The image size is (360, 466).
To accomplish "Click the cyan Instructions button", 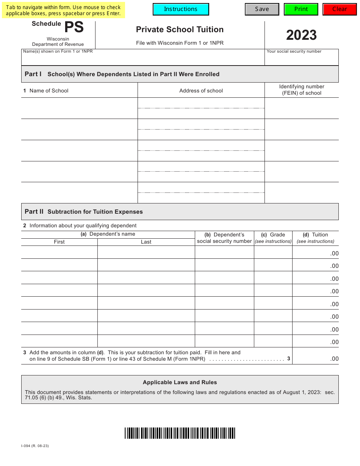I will pyautogui.click(x=181, y=9).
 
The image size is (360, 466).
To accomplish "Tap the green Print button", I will pyautogui.click(x=301, y=9).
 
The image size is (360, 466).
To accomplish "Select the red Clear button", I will pyautogui.click(x=340, y=9).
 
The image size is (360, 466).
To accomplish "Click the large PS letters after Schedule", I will pyautogui.click(x=74, y=28).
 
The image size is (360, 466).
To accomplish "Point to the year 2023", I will pyautogui.click(x=301, y=35).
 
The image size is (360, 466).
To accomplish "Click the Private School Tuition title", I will pyautogui.click(x=180, y=30).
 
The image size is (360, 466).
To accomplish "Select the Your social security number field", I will pyautogui.click(x=301, y=59).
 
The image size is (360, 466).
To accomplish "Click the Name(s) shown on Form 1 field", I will pyautogui.click(x=142, y=59).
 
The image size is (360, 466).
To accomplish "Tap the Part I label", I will pyautogui.click(x=33, y=74).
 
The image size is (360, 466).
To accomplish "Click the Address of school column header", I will pyautogui.click(x=201, y=91).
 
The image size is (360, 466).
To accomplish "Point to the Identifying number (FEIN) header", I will pyautogui.click(x=302, y=90).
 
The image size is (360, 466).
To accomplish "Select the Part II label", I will pyautogui.click(x=34, y=211).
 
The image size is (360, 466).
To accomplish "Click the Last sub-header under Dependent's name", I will pyautogui.click(x=146, y=242).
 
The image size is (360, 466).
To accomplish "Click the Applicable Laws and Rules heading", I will pyautogui.click(x=180, y=382).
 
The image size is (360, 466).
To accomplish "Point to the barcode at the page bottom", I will pyautogui.click(x=180, y=433).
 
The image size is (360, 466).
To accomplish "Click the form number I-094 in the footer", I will pyautogui.click(x=35, y=446).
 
